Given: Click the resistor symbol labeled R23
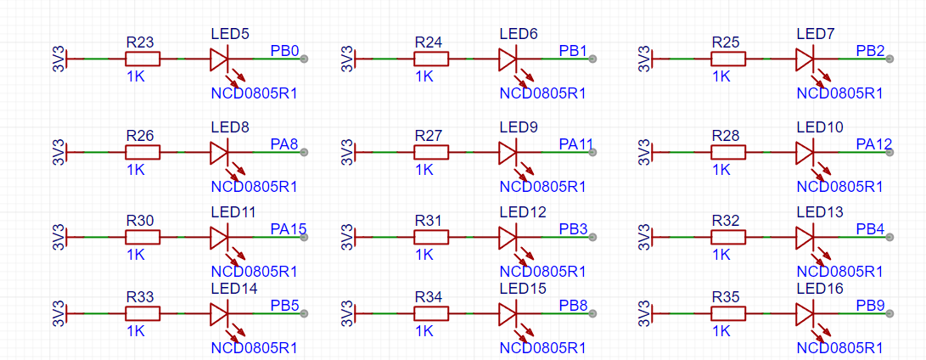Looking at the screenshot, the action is (143, 59).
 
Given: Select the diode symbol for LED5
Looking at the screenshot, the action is (219, 59).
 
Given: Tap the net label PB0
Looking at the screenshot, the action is (284, 50).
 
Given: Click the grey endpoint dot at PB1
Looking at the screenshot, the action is (593, 59).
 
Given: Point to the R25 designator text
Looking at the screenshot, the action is (726, 42).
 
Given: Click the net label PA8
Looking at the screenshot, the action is (284, 143).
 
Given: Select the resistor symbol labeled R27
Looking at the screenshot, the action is (431, 153).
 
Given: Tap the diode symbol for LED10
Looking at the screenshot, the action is (805, 153).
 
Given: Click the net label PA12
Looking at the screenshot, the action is (874, 143).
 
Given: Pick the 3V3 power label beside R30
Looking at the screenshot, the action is (59, 237).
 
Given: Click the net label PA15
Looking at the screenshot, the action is (289, 228).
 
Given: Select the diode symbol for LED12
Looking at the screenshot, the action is (508, 237).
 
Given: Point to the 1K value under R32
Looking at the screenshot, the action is (721, 254).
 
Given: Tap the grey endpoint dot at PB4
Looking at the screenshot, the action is (890, 237).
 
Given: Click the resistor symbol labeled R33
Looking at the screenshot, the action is (143, 314).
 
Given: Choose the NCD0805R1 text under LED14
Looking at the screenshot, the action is (254, 347).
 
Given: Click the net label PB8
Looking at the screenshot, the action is (574, 305).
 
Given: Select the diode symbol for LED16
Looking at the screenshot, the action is (805, 314).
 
